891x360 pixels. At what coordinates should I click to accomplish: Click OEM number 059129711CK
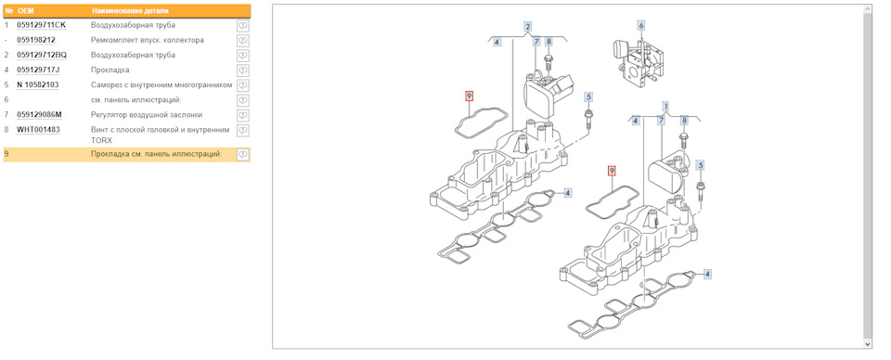[42, 26]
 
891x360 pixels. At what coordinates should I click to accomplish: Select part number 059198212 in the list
[36, 40]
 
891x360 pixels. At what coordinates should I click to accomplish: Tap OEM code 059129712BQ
[42, 55]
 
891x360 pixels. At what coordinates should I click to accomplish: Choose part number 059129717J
[38, 70]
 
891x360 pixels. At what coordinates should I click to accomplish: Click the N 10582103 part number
[38, 85]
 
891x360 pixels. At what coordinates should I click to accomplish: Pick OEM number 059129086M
[40, 115]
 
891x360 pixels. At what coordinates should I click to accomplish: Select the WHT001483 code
[39, 130]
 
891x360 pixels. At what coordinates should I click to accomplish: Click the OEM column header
[26, 11]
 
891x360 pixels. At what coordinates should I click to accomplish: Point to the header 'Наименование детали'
[130, 11]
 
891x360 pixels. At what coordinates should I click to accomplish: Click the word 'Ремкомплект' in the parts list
[110, 40]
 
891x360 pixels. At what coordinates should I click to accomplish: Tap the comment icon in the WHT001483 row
[242, 130]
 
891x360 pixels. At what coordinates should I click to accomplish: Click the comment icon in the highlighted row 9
[242, 154]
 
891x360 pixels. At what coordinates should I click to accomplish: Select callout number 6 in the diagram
[641, 26]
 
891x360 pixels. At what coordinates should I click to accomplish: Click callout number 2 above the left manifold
[528, 27]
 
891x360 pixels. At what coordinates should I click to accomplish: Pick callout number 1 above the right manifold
[665, 106]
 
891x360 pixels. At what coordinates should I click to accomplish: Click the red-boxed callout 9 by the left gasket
[470, 96]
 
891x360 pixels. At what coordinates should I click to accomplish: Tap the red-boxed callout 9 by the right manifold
[612, 171]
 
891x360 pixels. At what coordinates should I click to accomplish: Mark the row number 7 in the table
[6, 115]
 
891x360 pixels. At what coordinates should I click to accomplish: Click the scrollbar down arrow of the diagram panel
[867, 344]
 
